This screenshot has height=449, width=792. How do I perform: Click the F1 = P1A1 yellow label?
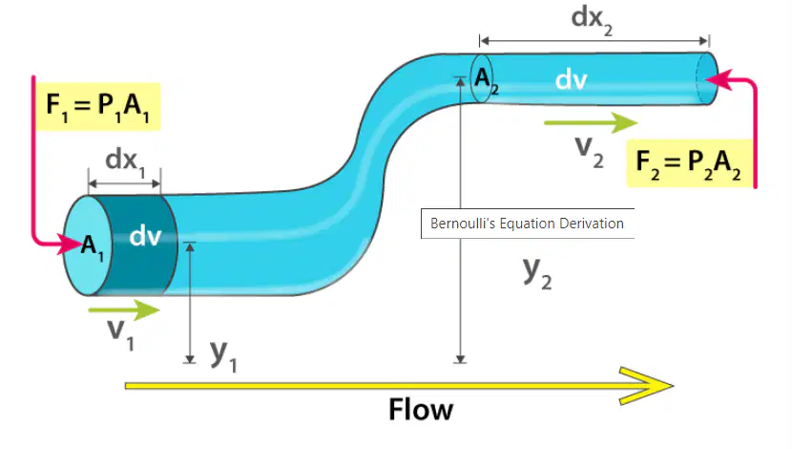(x=98, y=107)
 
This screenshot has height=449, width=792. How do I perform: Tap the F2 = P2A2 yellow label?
(x=690, y=163)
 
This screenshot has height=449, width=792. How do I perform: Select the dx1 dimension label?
(x=125, y=161)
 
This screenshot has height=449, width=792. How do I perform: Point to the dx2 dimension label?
(x=592, y=20)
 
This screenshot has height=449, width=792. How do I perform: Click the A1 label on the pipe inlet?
(x=92, y=246)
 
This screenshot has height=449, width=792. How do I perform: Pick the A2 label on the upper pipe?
(x=487, y=80)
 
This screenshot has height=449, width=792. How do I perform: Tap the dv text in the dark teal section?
(x=145, y=236)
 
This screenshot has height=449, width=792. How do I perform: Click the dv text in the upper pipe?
(x=572, y=80)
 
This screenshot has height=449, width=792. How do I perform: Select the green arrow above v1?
(x=124, y=310)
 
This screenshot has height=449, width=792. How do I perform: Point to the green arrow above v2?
(x=591, y=123)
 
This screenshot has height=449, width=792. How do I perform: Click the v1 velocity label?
(x=121, y=334)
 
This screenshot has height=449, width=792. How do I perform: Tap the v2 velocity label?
(x=590, y=152)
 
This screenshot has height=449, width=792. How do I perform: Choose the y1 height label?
(x=223, y=355)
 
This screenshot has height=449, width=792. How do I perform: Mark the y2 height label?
(x=537, y=273)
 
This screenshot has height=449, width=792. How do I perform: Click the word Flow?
(x=421, y=409)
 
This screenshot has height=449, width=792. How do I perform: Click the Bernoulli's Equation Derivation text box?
(x=528, y=223)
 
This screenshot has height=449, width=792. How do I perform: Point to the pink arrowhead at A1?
(x=71, y=245)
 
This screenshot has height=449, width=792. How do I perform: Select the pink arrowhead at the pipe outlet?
(x=718, y=80)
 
